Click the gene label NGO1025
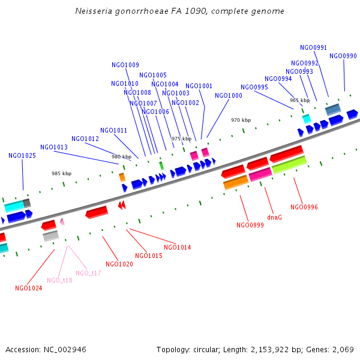22,156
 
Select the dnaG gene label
274,217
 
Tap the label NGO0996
304,207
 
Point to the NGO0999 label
250,225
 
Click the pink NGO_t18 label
59,280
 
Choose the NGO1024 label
29,288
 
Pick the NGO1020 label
119,264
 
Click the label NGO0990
343,56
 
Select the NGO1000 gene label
229,96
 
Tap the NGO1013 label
54,147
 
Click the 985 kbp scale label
61,173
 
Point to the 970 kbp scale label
241,120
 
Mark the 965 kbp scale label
299,100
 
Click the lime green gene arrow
289,165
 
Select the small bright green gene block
161,165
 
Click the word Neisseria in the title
94,11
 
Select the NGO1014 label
178,247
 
